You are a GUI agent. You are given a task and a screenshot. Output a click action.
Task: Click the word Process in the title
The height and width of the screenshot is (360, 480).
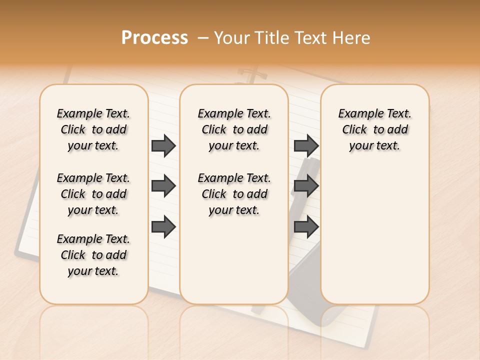(x=154, y=38)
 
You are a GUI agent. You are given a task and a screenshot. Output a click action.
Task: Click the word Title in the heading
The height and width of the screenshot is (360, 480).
(x=273, y=38)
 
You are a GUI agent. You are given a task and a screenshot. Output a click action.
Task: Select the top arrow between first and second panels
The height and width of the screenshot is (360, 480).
(x=163, y=145)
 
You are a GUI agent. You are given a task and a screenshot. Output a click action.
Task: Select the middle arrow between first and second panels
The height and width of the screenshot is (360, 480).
(x=163, y=186)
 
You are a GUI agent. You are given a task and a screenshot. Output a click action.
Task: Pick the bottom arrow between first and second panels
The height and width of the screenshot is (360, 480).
(x=163, y=227)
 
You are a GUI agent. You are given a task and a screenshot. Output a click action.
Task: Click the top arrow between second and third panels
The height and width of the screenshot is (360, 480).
(x=306, y=145)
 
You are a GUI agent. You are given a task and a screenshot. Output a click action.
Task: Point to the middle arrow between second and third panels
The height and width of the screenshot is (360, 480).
(x=306, y=186)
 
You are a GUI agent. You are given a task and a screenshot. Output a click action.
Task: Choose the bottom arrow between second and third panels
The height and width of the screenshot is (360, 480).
(x=306, y=227)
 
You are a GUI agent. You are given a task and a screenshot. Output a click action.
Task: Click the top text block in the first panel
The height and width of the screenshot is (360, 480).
(x=93, y=129)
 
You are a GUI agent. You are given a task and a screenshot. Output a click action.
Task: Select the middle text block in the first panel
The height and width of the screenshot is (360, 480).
(x=93, y=194)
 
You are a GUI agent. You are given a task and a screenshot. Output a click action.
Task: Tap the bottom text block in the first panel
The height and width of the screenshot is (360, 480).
(x=93, y=255)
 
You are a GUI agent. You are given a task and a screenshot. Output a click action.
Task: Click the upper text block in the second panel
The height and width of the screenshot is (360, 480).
(x=234, y=129)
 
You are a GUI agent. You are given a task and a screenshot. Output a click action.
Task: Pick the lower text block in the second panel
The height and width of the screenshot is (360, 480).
(x=234, y=194)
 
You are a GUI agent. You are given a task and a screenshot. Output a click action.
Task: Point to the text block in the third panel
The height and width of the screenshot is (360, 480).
(x=375, y=129)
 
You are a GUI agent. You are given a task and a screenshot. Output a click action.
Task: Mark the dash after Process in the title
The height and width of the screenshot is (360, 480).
(x=203, y=38)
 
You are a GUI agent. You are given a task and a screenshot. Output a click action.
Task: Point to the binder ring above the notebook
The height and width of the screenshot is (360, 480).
(x=247, y=75)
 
